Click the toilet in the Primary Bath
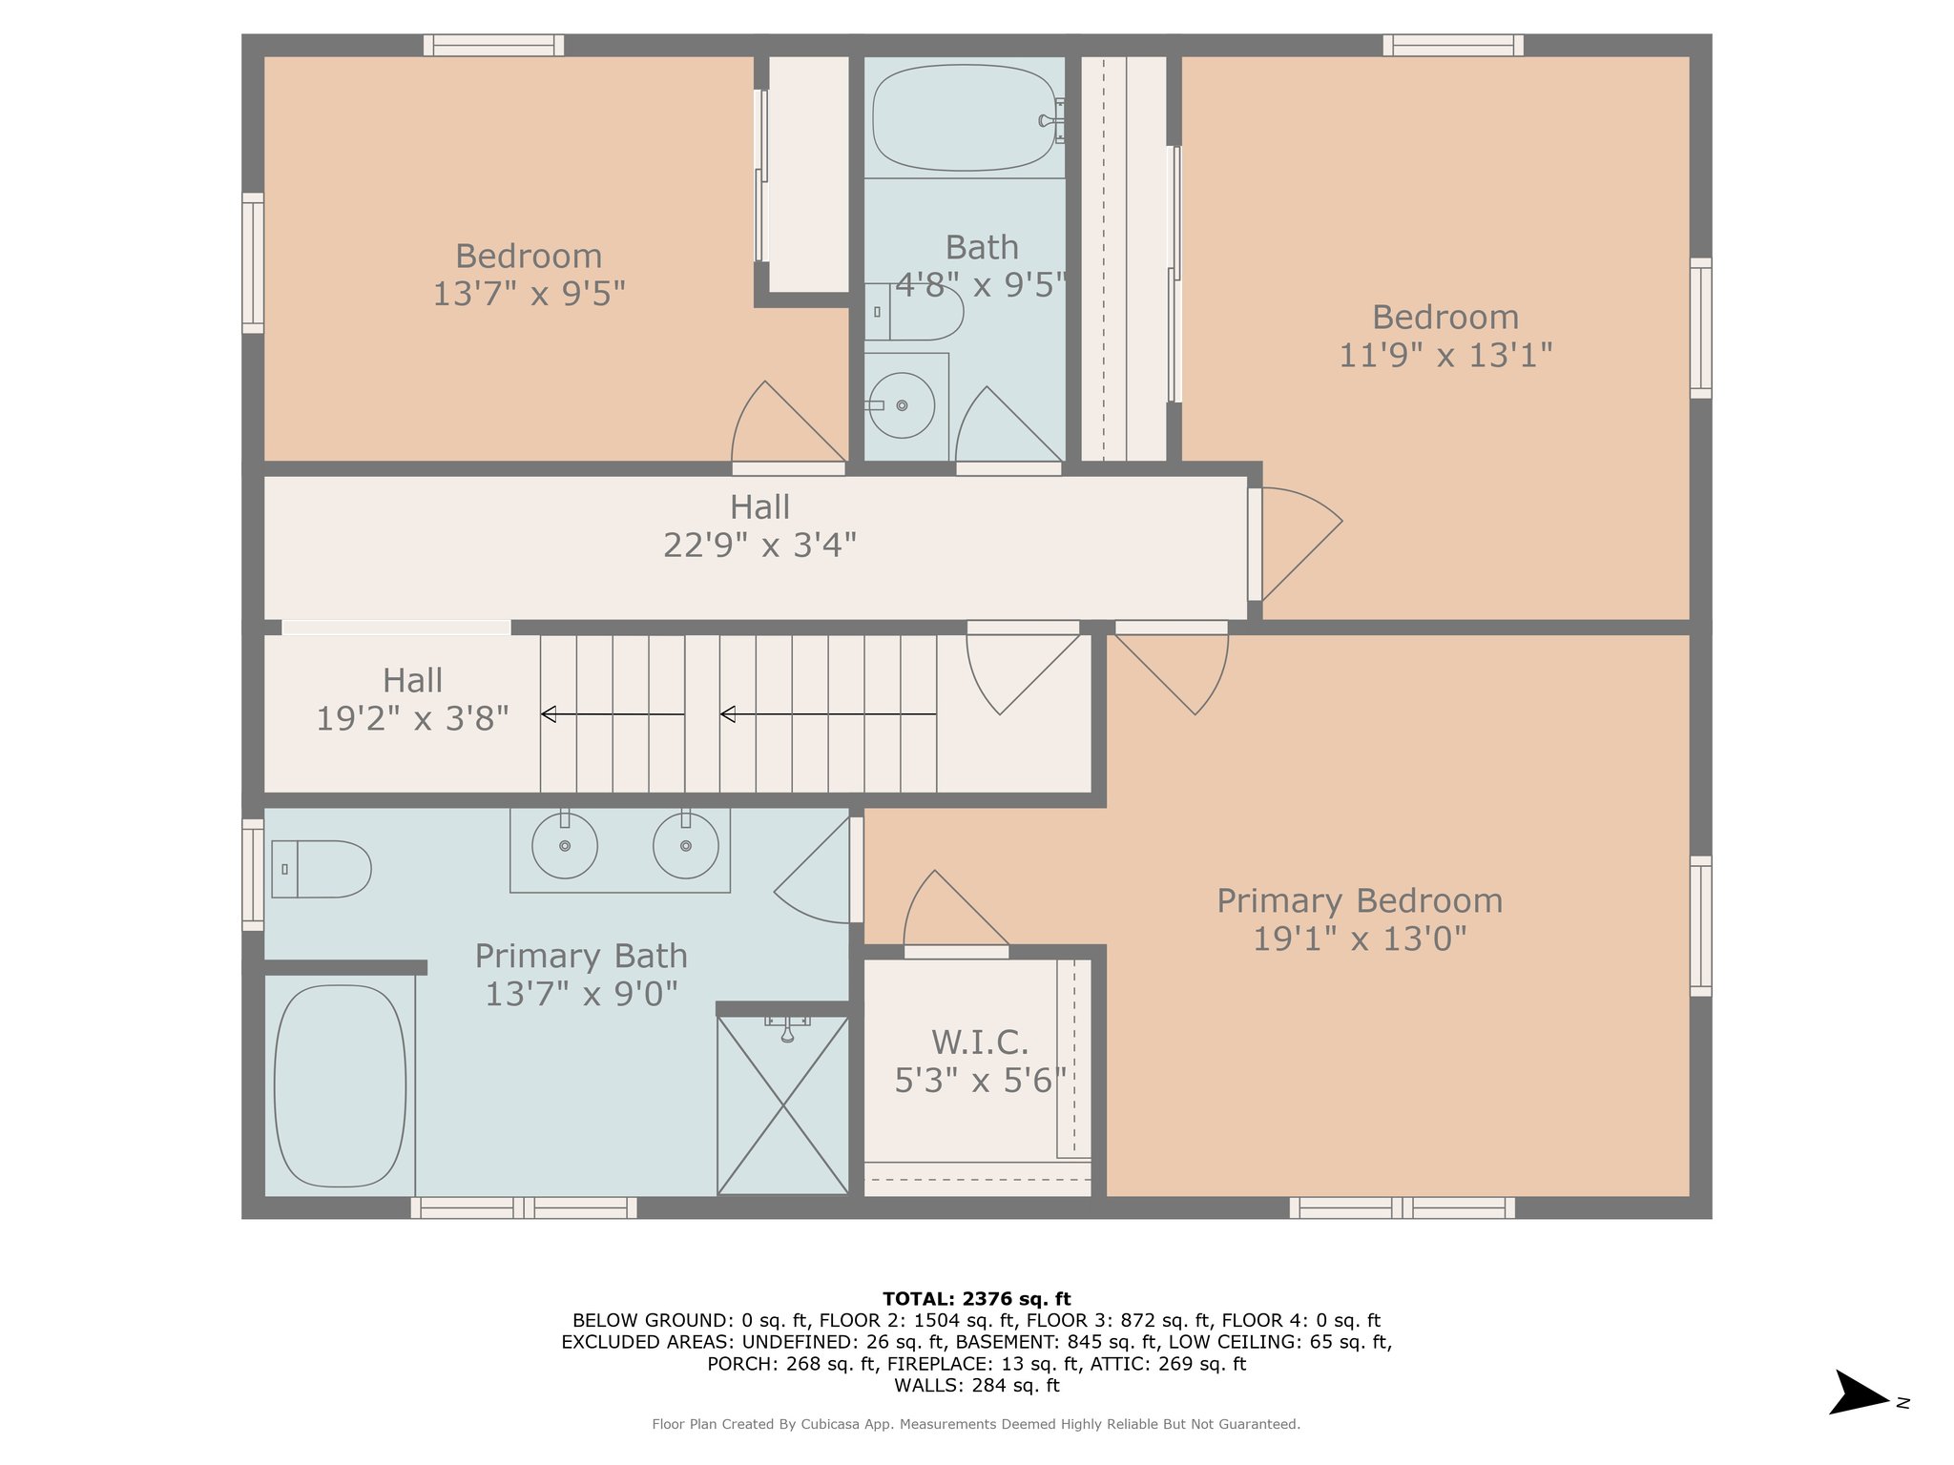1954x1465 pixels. (321, 869)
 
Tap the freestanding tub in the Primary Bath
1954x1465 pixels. (340, 1085)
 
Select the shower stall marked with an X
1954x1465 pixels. (782, 1105)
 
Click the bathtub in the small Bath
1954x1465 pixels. (966, 117)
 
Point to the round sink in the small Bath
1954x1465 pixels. (902, 405)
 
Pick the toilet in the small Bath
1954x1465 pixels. (913, 312)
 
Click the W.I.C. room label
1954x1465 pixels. (980, 1042)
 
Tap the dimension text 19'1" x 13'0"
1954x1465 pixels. (1359, 939)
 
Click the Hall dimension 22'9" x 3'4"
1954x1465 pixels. (759, 545)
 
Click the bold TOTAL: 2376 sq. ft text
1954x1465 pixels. (976, 1298)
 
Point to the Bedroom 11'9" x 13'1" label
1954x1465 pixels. (1445, 336)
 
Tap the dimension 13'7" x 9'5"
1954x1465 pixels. (529, 293)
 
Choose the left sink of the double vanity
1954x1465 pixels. (565, 845)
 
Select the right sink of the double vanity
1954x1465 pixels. (686, 845)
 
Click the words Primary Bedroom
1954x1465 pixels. (1359, 900)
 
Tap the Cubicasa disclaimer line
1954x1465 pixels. (976, 1424)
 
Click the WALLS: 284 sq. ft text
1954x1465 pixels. (976, 1385)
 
